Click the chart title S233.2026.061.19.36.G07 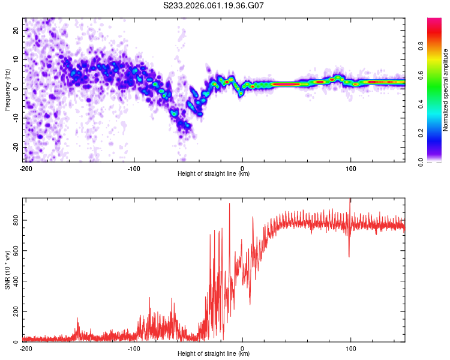click(x=214, y=5)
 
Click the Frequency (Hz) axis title click(x=7, y=89)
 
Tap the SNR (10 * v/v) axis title click(x=7, y=271)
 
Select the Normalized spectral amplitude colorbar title click(x=445, y=89)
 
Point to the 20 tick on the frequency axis click(x=16, y=30)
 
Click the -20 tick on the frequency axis click(x=16, y=148)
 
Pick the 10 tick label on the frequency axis click(x=16, y=59)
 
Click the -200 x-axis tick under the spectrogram click(x=26, y=168)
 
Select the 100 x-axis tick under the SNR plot click(x=351, y=348)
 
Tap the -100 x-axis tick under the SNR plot click(x=134, y=348)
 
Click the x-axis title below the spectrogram click(x=214, y=174)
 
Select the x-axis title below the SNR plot click(x=214, y=354)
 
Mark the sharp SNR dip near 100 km click(x=349, y=256)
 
